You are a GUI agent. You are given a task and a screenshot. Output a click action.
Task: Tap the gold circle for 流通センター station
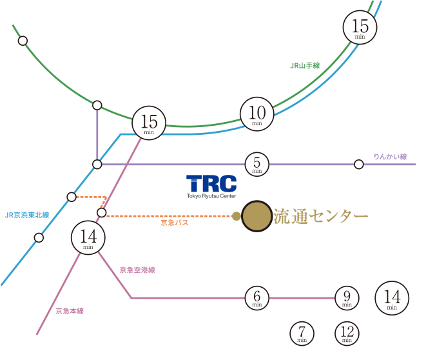(x=257, y=215)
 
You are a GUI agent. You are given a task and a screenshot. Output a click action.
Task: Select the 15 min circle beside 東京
(x=360, y=28)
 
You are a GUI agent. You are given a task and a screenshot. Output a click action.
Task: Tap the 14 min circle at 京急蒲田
(x=88, y=237)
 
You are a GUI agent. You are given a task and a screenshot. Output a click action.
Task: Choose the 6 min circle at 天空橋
(x=257, y=297)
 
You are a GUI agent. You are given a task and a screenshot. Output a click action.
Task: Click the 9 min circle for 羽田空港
(x=347, y=297)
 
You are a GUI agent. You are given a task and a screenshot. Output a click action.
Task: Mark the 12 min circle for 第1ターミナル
(x=347, y=333)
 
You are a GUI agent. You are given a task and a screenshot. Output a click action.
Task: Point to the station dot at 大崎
(x=97, y=105)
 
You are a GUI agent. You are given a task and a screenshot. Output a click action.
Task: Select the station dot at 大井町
(x=97, y=165)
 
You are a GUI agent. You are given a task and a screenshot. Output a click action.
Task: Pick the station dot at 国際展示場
(x=359, y=165)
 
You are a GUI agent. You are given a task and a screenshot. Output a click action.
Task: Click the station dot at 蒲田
(x=39, y=237)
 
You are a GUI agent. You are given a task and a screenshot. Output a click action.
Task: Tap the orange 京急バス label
(x=174, y=223)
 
